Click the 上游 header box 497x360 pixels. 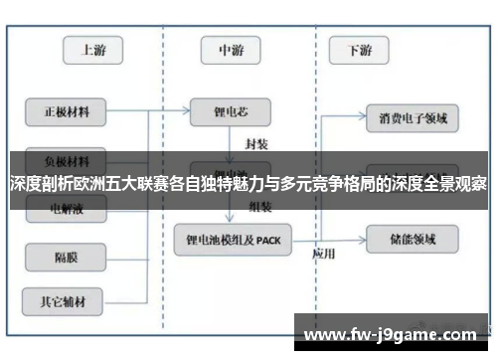(x=93, y=50)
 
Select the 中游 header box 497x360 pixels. (x=231, y=50)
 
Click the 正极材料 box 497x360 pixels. (x=66, y=111)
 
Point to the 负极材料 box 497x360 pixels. (x=66, y=159)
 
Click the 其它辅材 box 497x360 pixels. (x=66, y=299)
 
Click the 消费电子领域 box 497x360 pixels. (x=413, y=118)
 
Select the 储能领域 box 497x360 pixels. (x=413, y=239)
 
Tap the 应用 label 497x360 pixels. (x=324, y=254)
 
